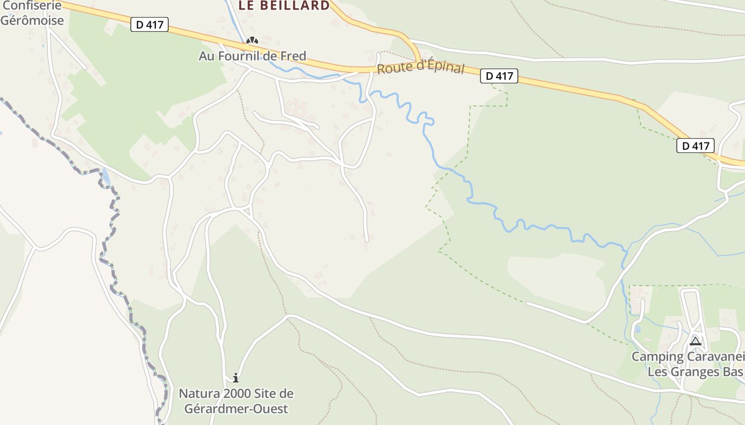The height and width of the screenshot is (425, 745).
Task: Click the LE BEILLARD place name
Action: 284,6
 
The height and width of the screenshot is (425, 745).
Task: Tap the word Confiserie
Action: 31,6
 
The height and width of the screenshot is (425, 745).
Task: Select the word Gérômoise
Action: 32,21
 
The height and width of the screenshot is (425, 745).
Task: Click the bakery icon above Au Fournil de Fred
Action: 252,41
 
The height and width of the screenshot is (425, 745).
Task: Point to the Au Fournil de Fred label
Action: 252,56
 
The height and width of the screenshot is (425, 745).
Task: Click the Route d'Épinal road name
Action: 420,69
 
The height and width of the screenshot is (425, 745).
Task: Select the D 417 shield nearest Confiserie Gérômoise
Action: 150,24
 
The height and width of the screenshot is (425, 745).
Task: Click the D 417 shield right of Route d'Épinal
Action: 499,76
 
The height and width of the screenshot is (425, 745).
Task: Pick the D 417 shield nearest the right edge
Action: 696,145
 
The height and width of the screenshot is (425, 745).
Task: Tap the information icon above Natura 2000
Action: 236,378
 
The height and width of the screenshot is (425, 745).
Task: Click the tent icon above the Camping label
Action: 695,341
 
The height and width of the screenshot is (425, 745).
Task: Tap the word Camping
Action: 658,356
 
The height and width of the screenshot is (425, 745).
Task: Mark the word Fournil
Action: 239,56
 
